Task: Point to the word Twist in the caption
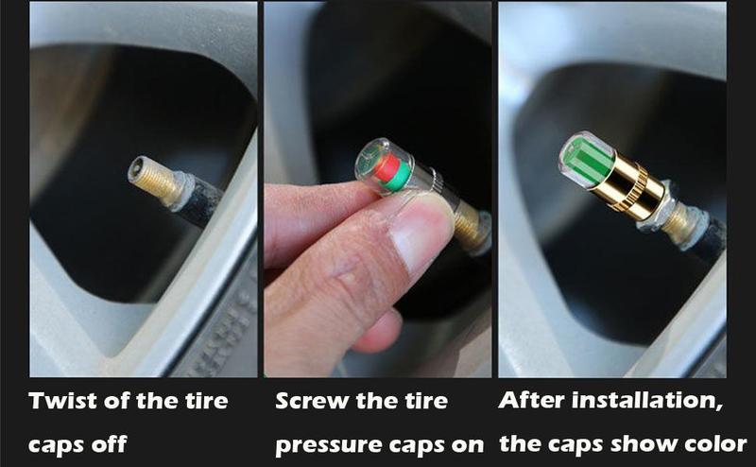coord(66,400)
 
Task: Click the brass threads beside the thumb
coord(467,221)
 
